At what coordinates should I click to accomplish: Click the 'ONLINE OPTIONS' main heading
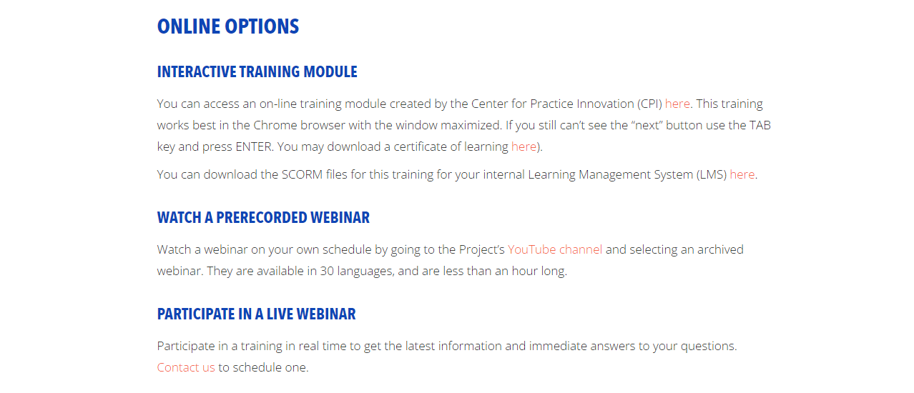point(228,26)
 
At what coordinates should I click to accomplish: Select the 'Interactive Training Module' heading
point(257,71)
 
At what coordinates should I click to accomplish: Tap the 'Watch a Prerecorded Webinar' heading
point(263,218)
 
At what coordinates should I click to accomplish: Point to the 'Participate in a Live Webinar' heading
point(256,314)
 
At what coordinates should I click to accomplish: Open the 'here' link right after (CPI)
point(677,104)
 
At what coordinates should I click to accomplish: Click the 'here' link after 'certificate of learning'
point(524,146)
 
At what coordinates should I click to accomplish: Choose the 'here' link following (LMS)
point(742,174)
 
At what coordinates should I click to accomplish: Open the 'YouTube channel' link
point(555,249)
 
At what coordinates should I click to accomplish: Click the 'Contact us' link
point(186,367)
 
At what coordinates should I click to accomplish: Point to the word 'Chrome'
point(275,125)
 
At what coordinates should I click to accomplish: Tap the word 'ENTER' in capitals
point(253,146)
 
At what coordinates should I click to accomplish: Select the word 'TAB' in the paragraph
point(760,125)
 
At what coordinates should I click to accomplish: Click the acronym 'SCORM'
point(302,174)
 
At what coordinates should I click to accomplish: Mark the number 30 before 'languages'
point(327,271)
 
